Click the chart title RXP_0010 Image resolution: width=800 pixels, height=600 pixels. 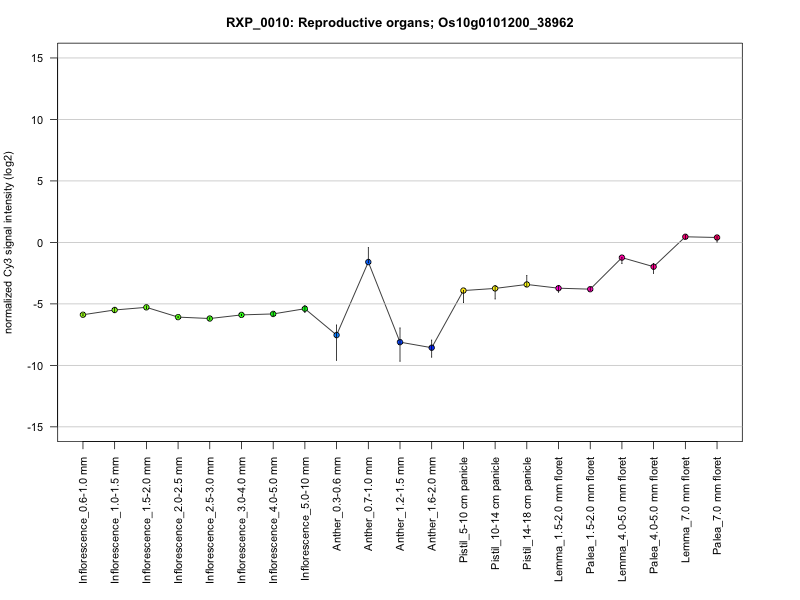point(399,22)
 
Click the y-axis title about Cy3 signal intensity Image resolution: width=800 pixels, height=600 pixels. point(11,243)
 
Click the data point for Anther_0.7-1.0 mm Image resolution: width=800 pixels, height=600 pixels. point(368,262)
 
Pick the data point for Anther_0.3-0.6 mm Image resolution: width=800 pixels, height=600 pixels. point(336,335)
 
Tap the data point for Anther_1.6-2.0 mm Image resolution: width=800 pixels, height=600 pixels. point(431,348)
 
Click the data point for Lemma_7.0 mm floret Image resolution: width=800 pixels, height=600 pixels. point(685,237)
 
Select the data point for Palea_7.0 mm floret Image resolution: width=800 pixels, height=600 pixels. point(717,238)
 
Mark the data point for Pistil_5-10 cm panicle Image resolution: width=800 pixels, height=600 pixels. point(463,291)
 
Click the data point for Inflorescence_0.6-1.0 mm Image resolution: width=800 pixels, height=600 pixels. point(83,315)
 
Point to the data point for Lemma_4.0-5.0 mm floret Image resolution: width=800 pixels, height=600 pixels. point(622,258)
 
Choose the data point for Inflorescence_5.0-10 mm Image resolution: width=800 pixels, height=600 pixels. point(305,309)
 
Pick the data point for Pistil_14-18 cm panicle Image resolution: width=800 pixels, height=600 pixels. point(527,284)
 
